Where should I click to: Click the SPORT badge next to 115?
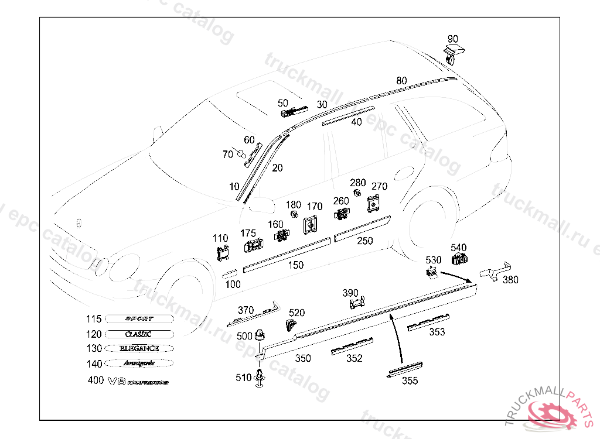click(139, 319)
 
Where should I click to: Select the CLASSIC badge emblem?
click(139, 334)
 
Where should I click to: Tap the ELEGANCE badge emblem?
click(139, 349)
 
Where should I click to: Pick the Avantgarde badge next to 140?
click(139, 363)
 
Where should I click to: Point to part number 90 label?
click(453, 39)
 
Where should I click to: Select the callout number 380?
click(510, 280)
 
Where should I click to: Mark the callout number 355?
click(410, 380)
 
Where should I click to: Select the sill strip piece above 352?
click(352, 345)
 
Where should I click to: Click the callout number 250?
click(364, 241)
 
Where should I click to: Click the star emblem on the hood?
click(77, 223)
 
